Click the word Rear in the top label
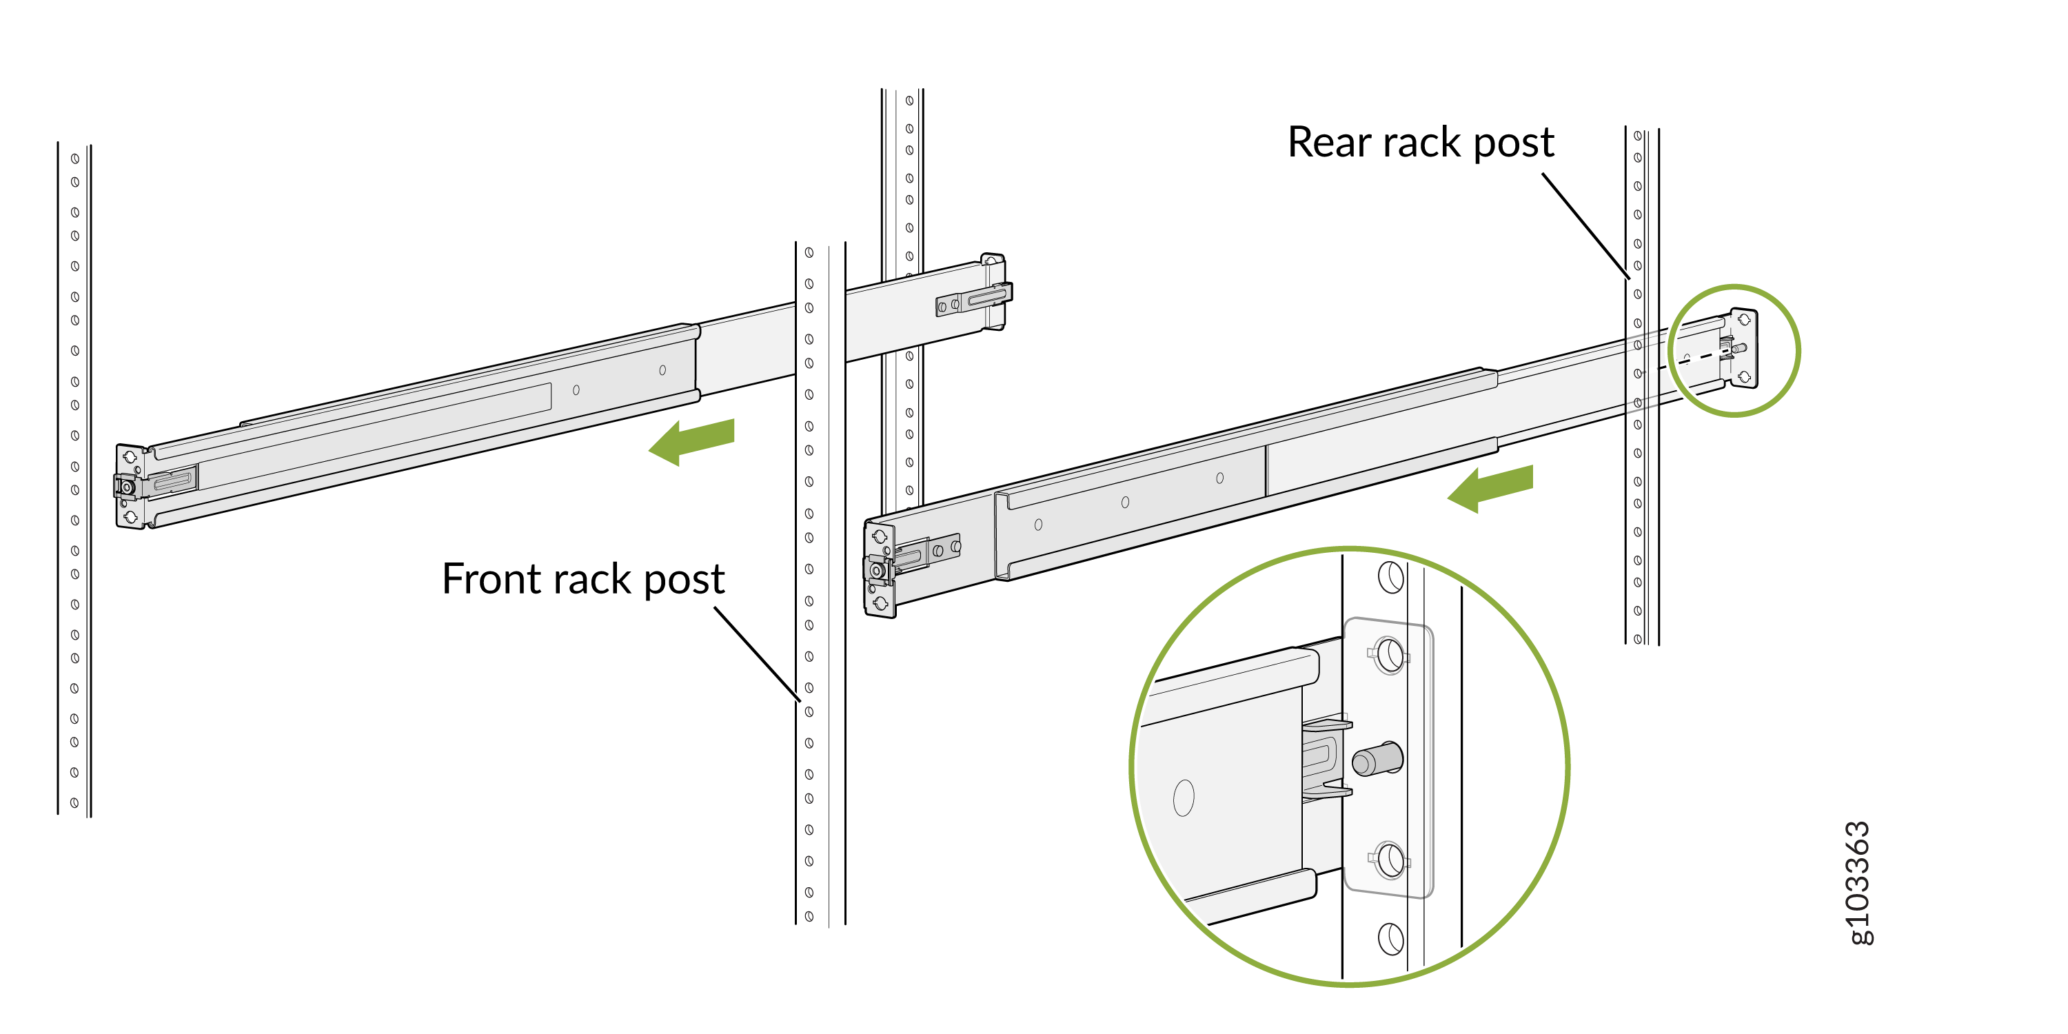click(1330, 143)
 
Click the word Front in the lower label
click(491, 580)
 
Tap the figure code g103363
click(1858, 883)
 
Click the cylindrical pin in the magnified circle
click(1377, 760)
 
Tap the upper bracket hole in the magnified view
click(1390, 655)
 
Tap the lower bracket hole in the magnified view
click(1390, 859)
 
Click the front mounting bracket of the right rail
click(878, 570)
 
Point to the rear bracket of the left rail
click(994, 292)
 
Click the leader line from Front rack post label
click(756, 653)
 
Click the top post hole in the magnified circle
click(1390, 576)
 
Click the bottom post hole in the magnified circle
click(1390, 937)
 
